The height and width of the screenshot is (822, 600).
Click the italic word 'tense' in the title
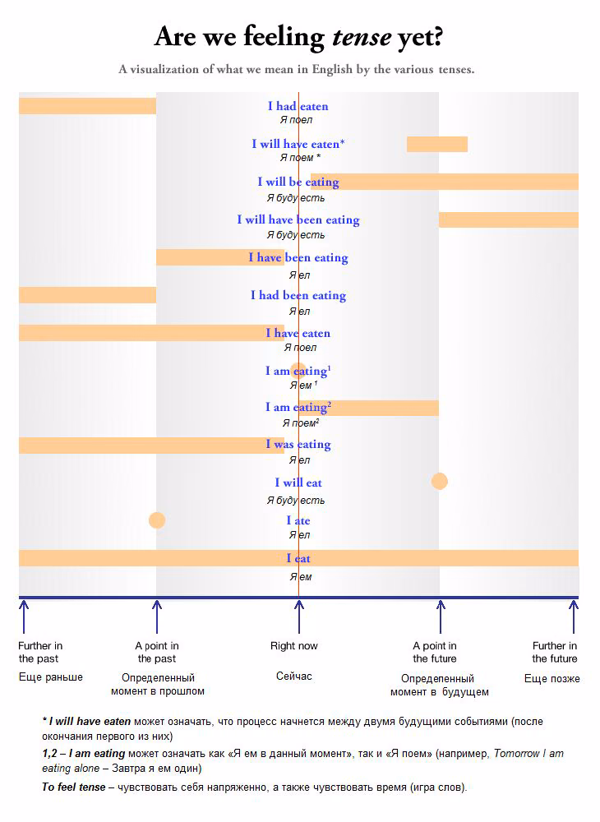click(362, 37)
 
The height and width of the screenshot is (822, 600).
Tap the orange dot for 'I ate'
click(157, 520)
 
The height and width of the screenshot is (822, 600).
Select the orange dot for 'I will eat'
click(439, 481)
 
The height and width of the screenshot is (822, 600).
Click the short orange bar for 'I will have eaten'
click(437, 144)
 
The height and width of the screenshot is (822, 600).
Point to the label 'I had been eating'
click(298, 296)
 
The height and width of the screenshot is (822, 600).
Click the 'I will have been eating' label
click(298, 220)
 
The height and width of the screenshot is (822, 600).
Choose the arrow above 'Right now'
click(298, 616)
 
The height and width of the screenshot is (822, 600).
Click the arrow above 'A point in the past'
click(157, 616)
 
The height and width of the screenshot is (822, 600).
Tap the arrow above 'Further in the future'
click(573, 616)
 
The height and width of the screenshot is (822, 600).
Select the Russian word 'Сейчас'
click(294, 677)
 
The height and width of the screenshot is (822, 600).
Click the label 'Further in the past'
click(39, 652)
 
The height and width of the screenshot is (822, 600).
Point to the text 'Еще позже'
click(552, 679)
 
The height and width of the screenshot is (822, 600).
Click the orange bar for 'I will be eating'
click(445, 182)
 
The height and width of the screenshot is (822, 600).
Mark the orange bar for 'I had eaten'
click(87, 106)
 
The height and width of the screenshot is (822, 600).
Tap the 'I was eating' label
click(298, 445)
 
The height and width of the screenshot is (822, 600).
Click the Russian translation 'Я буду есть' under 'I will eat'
click(296, 500)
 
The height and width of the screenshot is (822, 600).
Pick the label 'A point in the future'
click(435, 652)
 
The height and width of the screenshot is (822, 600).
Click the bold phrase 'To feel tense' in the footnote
click(74, 787)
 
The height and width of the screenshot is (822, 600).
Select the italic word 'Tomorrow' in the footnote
click(516, 753)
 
